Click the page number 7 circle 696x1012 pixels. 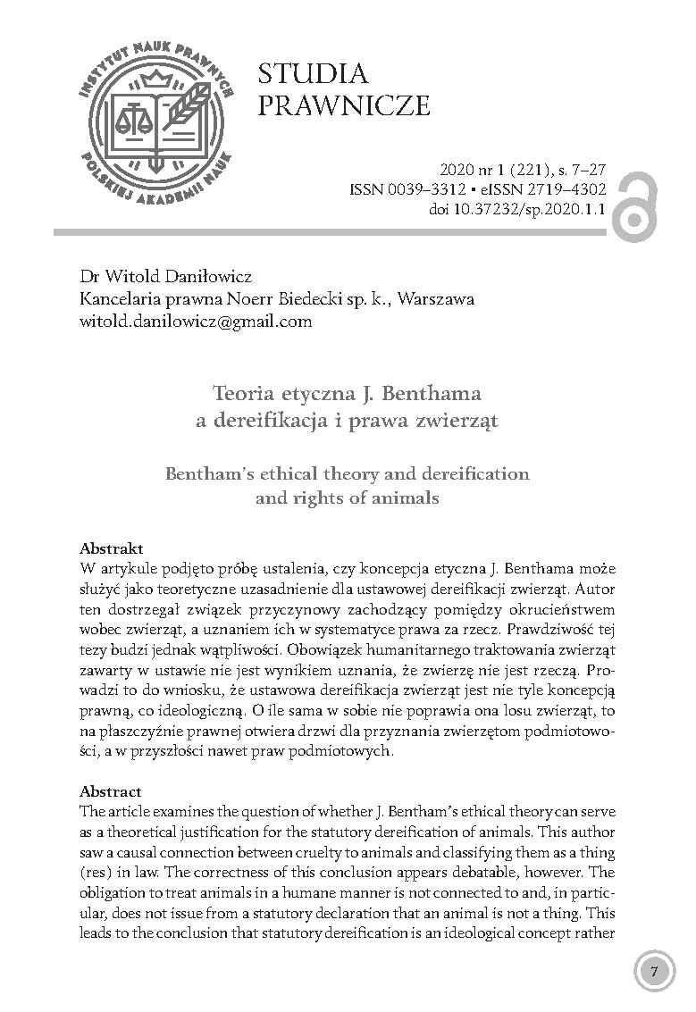click(x=654, y=972)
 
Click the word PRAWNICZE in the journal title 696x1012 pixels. click(x=344, y=107)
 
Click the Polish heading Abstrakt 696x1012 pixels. click(x=112, y=548)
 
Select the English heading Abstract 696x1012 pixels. click(x=111, y=791)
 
